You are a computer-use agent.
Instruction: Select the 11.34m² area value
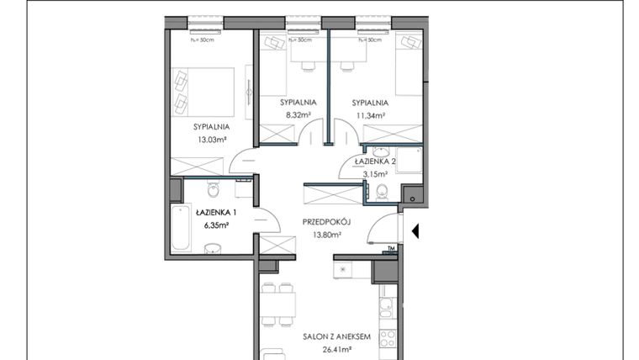(x=369, y=116)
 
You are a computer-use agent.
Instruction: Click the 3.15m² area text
(x=372, y=175)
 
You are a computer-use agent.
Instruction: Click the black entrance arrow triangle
(x=414, y=229)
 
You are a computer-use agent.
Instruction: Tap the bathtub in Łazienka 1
(x=182, y=227)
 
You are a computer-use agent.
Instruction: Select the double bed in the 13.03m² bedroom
(x=203, y=90)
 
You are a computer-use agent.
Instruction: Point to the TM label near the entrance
(x=391, y=248)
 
